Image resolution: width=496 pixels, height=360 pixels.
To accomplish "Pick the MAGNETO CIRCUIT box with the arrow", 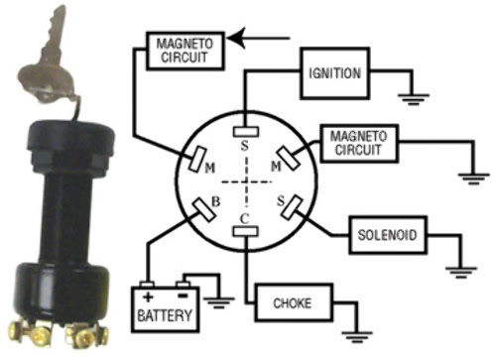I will click(x=186, y=50).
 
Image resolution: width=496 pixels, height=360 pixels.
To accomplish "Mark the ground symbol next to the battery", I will click(x=219, y=300).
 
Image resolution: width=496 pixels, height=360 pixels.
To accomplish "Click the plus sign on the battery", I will click(x=148, y=297).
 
